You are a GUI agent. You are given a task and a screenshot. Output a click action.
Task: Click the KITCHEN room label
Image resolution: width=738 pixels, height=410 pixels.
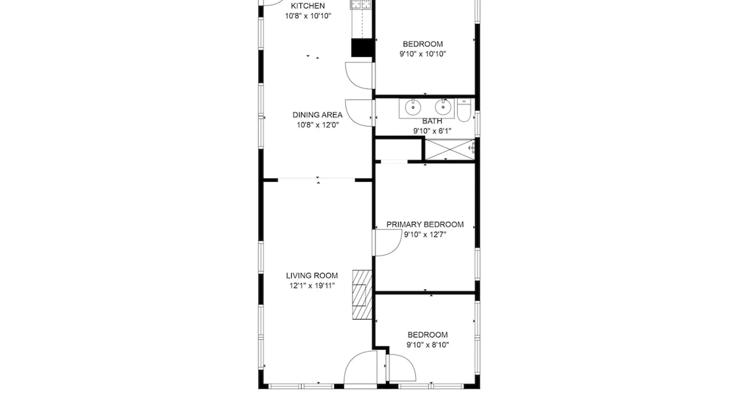pos(308,6)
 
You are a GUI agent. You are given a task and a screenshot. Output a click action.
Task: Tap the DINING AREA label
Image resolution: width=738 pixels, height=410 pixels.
pos(317,115)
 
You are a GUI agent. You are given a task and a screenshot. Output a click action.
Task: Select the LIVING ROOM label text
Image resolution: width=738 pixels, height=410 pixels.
pos(312,276)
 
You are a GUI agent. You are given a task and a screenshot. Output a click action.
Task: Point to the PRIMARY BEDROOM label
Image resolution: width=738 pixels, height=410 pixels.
pos(425,224)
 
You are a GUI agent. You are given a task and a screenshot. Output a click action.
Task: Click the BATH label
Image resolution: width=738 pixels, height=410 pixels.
pos(432,121)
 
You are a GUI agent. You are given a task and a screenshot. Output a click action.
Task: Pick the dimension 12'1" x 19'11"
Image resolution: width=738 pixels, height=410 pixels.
pos(312,286)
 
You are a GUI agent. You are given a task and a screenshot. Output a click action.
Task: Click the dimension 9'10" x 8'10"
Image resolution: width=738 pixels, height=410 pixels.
pos(428,345)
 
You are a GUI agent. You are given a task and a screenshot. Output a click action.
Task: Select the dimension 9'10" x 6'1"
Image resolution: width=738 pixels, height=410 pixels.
pos(432,131)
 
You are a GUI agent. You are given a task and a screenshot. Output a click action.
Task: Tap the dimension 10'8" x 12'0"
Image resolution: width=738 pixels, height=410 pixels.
pos(318,125)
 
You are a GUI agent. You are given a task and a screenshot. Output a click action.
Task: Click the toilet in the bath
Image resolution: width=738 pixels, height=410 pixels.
pos(464,110)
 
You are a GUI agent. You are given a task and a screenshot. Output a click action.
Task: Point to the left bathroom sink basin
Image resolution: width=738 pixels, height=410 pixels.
pos(413,107)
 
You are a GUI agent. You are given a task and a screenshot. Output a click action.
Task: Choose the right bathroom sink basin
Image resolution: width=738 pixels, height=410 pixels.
pos(443,107)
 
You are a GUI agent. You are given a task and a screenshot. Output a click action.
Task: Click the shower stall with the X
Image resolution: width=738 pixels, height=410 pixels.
pos(450,149)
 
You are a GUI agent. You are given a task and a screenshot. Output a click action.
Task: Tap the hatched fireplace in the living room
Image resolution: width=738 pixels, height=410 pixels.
pos(362,294)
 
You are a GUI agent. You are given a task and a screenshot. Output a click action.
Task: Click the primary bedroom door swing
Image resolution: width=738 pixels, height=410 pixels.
pos(387,243)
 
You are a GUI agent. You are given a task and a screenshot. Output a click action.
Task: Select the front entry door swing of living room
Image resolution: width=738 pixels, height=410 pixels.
pos(360,368)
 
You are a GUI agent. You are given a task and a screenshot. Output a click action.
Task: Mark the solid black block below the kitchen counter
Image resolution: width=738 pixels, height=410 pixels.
pos(362,48)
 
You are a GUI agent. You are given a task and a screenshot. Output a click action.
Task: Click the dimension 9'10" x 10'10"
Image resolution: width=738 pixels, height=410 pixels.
pos(423,54)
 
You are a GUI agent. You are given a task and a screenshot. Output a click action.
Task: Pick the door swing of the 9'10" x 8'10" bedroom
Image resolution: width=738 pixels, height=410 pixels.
pos(401,368)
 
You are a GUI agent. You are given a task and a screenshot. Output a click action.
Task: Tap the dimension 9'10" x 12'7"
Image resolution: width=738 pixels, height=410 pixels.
pos(425,235)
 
